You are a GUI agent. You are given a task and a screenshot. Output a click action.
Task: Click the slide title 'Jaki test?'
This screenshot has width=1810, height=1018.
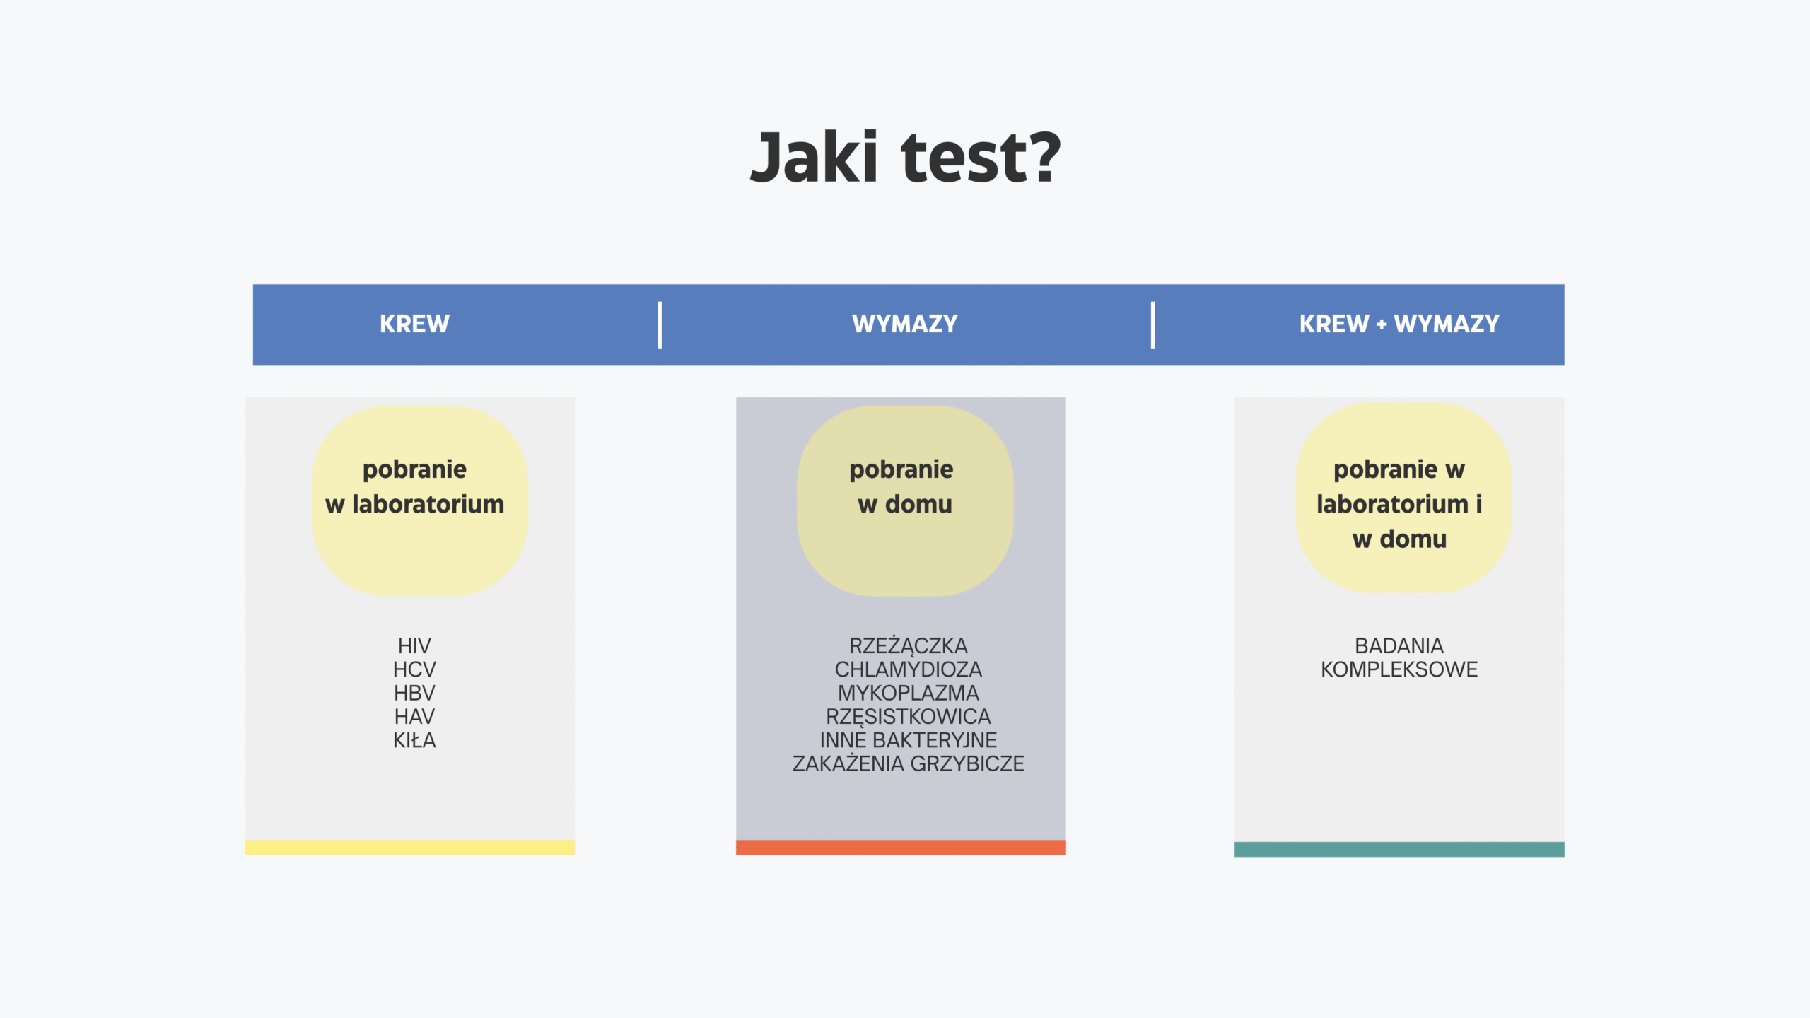click(x=905, y=157)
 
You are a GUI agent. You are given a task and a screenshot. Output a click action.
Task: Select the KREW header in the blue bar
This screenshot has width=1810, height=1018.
click(x=414, y=324)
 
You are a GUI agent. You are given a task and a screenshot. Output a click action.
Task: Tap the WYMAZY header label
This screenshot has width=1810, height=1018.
click(x=905, y=324)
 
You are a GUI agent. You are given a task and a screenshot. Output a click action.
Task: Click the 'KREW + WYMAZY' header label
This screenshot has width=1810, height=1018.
click(x=1399, y=324)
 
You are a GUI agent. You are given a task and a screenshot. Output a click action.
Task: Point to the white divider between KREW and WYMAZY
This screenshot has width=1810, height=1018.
click(x=660, y=325)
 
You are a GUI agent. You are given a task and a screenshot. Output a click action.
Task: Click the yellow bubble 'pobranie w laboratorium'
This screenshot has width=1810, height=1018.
click(x=419, y=501)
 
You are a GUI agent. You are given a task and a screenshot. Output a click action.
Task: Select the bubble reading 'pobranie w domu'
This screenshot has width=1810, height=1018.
click(x=905, y=501)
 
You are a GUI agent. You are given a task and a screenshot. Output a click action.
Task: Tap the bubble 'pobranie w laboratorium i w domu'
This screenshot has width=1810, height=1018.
click(x=1403, y=499)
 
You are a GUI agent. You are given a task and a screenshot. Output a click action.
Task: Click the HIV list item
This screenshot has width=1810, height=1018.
click(x=414, y=645)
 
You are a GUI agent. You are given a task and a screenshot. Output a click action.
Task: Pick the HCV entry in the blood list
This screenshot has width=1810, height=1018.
click(x=414, y=669)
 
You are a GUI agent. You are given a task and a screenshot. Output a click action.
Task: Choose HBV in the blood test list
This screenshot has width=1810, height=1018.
click(x=414, y=693)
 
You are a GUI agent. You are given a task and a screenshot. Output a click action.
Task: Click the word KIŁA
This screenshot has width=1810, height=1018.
click(x=414, y=740)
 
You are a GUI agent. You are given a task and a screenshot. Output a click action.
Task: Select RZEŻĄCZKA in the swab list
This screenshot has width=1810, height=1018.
click(x=908, y=645)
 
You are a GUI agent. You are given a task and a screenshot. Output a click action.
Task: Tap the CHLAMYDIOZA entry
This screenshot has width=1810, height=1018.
click(x=908, y=669)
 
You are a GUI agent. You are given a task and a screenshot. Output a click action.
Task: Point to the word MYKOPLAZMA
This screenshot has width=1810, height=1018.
click(x=908, y=693)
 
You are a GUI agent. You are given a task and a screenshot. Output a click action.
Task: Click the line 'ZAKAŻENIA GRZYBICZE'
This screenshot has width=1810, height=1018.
click(x=908, y=763)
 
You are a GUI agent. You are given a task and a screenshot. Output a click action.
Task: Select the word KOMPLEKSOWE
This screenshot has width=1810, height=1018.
click(x=1399, y=669)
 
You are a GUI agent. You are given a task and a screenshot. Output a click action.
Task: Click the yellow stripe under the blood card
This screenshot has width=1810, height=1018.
click(x=410, y=848)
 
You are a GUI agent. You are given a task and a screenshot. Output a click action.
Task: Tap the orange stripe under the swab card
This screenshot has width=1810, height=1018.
click(x=901, y=848)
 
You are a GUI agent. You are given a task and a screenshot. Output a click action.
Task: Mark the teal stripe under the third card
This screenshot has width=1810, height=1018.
click(x=1399, y=849)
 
